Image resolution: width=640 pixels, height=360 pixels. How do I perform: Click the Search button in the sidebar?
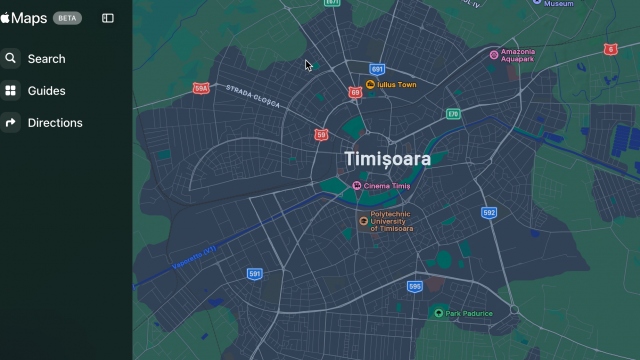click(x=46, y=59)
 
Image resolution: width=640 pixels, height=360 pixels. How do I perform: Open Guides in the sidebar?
click(x=46, y=91)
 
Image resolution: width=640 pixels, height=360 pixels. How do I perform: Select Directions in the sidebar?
click(x=55, y=123)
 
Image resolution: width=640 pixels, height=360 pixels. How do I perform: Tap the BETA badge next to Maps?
click(x=68, y=18)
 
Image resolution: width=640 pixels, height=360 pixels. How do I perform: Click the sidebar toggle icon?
click(x=108, y=18)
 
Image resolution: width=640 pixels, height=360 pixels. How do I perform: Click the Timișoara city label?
click(x=387, y=159)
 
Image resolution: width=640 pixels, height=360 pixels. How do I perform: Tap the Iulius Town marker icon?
click(x=370, y=85)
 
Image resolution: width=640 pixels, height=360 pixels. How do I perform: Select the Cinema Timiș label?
click(x=388, y=186)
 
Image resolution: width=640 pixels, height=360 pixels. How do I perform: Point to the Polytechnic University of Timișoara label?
click(x=392, y=221)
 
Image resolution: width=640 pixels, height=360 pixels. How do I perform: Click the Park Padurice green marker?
click(x=438, y=313)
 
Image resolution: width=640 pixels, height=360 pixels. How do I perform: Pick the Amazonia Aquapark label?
click(x=518, y=55)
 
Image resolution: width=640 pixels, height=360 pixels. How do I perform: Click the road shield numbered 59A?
click(x=201, y=89)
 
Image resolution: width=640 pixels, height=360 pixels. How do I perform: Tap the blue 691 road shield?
click(x=377, y=69)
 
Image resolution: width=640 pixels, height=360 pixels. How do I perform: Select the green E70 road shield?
click(x=453, y=114)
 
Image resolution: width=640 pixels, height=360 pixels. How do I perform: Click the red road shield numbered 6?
click(x=610, y=49)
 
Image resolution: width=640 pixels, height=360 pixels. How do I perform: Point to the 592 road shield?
click(x=489, y=213)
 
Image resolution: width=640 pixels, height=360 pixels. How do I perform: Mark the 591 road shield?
click(x=255, y=273)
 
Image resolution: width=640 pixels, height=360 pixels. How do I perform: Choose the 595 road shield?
click(x=415, y=286)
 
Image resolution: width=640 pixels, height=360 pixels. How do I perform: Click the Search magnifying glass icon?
click(x=11, y=59)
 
